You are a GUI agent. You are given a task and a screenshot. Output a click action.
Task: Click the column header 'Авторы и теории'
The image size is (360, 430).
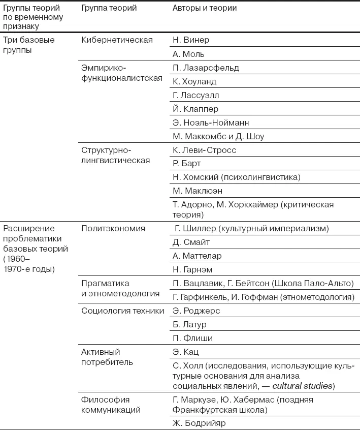pyautogui.click(x=205, y=9)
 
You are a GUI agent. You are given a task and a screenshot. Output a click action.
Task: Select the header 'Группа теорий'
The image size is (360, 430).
pyautogui.click(x=109, y=9)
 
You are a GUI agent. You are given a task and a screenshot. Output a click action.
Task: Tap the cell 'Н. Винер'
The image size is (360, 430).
pyautogui.click(x=191, y=40)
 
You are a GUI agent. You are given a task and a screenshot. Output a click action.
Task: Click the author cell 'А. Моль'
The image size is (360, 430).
pyautogui.click(x=188, y=54)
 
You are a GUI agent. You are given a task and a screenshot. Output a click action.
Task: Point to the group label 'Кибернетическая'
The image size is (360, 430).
pyautogui.click(x=117, y=40)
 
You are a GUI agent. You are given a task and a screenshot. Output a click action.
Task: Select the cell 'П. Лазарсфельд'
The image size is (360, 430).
pyautogui.click(x=206, y=68)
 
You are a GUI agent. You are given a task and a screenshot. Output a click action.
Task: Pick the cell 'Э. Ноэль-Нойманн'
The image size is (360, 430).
pyautogui.click(x=211, y=122)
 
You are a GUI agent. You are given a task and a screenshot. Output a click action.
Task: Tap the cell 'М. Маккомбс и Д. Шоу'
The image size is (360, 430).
pyautogui.click(x=218, y=136)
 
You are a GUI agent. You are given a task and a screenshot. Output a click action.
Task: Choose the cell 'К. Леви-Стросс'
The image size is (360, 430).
pyautogui.click(x=205, y=150)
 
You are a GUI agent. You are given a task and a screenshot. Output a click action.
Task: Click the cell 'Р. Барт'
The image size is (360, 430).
pyautogui.click(x=187, y=164)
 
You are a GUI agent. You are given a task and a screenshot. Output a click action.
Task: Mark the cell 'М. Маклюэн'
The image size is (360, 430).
pyautogui.click(x=198, y=191)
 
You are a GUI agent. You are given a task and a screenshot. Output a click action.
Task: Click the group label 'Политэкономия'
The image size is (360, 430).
pyautogui.click(x=113, y=229)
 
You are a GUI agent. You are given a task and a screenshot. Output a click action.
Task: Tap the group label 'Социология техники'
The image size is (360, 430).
pyautogui.click(x=122, y=311)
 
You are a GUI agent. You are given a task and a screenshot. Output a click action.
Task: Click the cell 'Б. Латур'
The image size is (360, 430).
pyautogui.click(x=190, y=325)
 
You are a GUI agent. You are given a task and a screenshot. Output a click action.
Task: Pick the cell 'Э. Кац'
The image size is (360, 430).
pyautogui.click(x=185, y=352)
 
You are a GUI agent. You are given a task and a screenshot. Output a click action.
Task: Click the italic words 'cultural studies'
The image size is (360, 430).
pyautogui.click(x=302, y=386)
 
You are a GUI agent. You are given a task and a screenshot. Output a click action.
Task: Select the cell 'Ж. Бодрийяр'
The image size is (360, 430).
pyautogui.click(x=199, y=423)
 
